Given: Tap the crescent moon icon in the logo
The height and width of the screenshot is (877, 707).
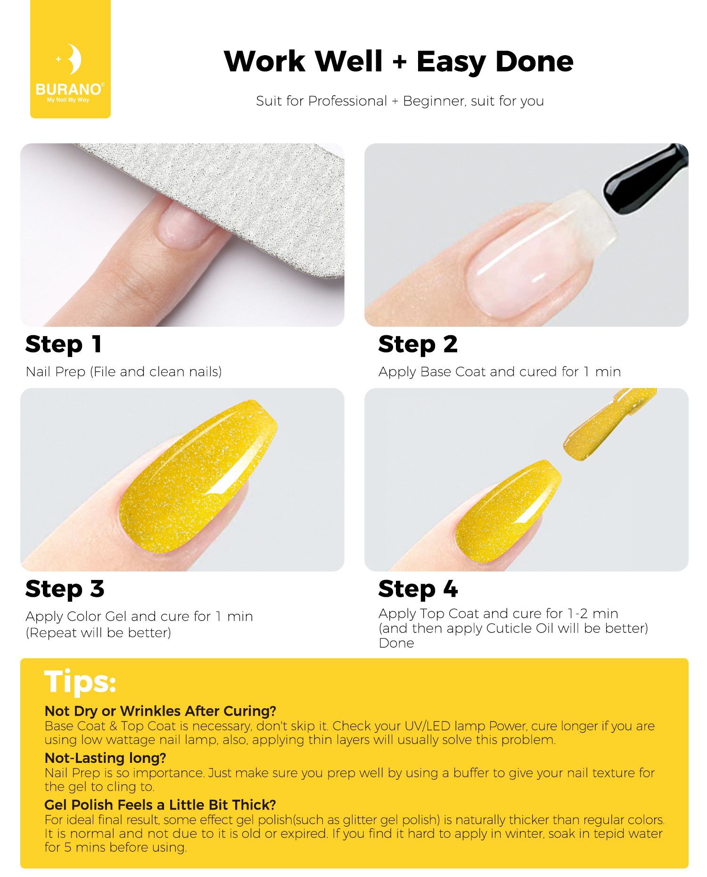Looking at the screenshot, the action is tap(74, 59).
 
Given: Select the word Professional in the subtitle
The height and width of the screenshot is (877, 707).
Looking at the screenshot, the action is tap(347, 101).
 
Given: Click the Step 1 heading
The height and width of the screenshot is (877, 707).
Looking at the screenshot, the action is tap(64, 345).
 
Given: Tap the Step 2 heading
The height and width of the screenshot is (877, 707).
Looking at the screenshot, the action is tap(418, 345).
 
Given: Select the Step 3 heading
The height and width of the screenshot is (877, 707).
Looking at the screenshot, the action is tap(65, 589).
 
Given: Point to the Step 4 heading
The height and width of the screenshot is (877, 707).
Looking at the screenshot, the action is tap(418, 589).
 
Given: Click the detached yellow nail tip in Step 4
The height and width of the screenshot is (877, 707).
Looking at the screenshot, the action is tap(608, 425).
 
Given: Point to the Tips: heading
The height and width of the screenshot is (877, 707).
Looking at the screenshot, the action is tap(80, 682).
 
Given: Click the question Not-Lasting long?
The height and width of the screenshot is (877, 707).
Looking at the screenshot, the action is tap(105, 758).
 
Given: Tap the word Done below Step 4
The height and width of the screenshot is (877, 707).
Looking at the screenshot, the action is tap(396, 643).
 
